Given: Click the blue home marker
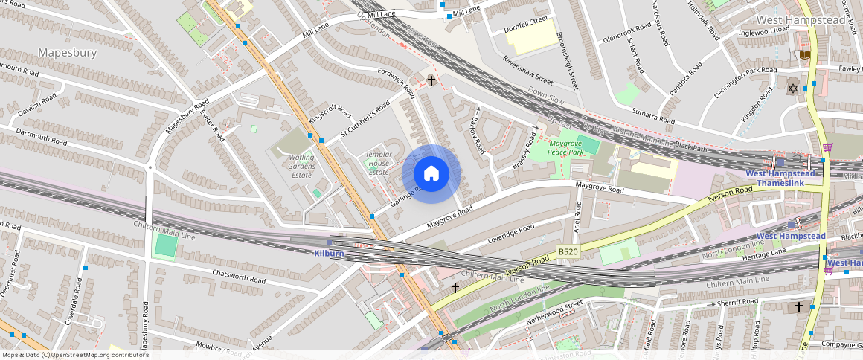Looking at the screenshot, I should (x=431, y=174).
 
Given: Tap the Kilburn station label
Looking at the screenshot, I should (x=328, y=254).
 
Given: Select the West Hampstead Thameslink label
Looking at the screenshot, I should (x=781, y=178).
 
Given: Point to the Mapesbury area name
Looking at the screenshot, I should (x=68, y=53).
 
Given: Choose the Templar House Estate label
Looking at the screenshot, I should (x=378, y=163).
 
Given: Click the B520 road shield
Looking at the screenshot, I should (x=568, y=253).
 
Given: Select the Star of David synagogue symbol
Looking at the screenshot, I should (x=792, y=89).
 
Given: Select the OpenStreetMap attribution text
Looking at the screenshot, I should (x=75, y=355).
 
